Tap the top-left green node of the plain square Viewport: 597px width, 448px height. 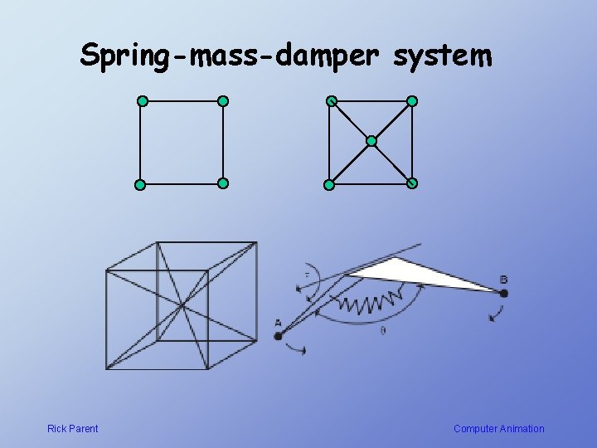click(142, 101)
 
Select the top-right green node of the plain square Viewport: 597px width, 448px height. click(222, 101)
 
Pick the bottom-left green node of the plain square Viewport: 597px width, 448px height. click(140, 184)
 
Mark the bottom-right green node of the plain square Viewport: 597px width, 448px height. click(222, 183)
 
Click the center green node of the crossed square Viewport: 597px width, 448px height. click(371, 142)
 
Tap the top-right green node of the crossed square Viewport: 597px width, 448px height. click(412, 101)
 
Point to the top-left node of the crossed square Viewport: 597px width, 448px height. click(331, 101)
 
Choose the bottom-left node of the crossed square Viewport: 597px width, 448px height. click(329, 184)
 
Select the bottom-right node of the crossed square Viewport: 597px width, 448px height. click(412, 183)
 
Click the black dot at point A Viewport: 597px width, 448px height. click(279, 336)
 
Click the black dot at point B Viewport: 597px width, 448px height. click(503, 293)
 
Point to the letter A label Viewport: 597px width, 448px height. click(278, 323)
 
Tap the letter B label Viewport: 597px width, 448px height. click(505, 278)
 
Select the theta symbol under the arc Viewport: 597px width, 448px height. click(382, 330)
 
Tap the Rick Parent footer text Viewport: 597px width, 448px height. click(72, 429)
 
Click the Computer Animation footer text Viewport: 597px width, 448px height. click(498, 429)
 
